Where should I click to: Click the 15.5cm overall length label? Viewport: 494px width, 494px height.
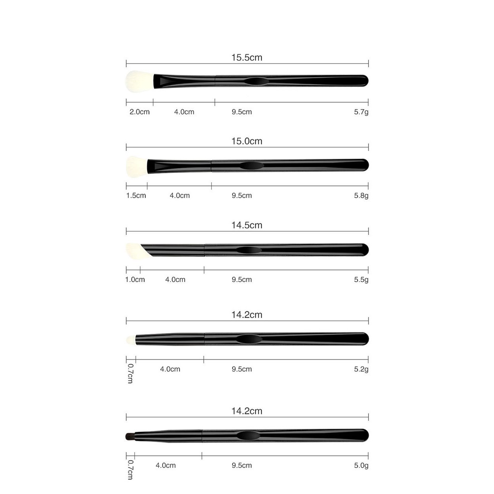tap(247, 58)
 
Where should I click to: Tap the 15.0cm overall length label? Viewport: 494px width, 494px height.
tap(247, 141)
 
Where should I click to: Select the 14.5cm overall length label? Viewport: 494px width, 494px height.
tap(247, 225)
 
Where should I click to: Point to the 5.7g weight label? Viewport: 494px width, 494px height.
tap(361, 112)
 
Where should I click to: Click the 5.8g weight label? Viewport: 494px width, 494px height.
tap(361, 196)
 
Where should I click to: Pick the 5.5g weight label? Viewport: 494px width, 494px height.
tap(361, 280)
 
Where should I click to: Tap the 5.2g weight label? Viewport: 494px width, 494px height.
tap(361, 369)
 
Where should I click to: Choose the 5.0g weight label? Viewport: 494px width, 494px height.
tap(361, 465)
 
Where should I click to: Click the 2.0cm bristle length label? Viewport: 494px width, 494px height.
tap(139, 112)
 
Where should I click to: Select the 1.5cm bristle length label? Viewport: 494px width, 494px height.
tap(136, 196)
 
